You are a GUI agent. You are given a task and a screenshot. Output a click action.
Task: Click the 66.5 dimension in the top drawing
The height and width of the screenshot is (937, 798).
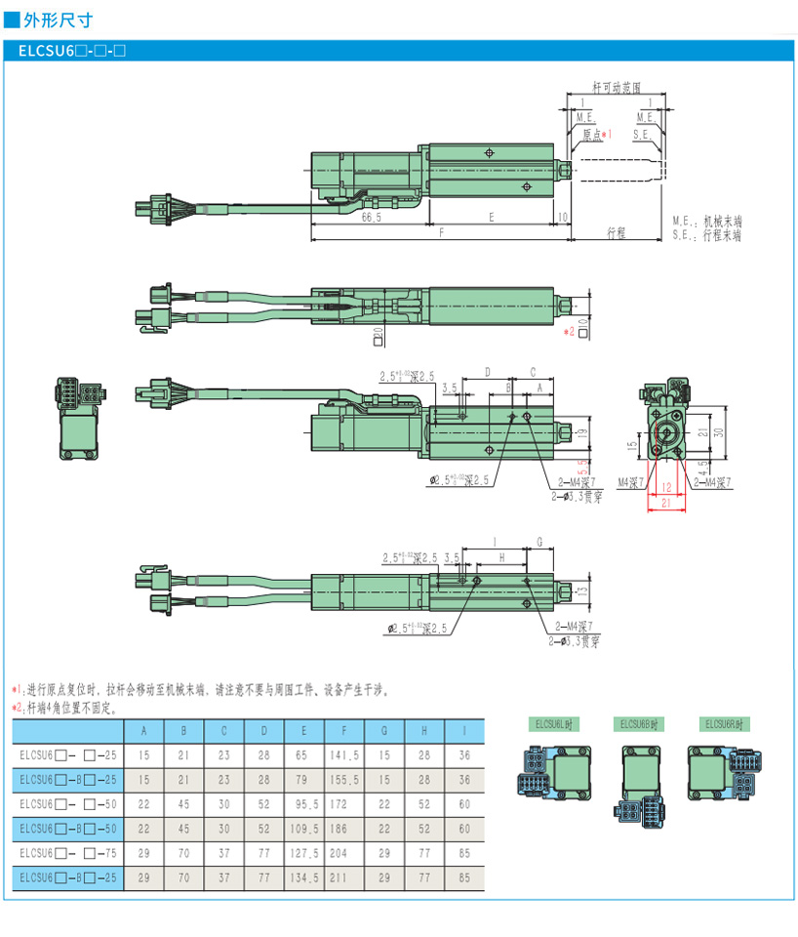371,218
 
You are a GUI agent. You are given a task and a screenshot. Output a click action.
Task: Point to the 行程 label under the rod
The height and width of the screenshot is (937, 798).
616,233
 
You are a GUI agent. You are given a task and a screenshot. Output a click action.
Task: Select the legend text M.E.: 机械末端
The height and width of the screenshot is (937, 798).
707,222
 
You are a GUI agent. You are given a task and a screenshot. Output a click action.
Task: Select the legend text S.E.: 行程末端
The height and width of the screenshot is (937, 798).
707,235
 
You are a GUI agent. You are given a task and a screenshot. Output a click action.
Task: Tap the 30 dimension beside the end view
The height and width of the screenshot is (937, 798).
719,431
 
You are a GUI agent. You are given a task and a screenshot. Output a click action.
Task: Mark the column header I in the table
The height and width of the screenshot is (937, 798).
463,730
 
